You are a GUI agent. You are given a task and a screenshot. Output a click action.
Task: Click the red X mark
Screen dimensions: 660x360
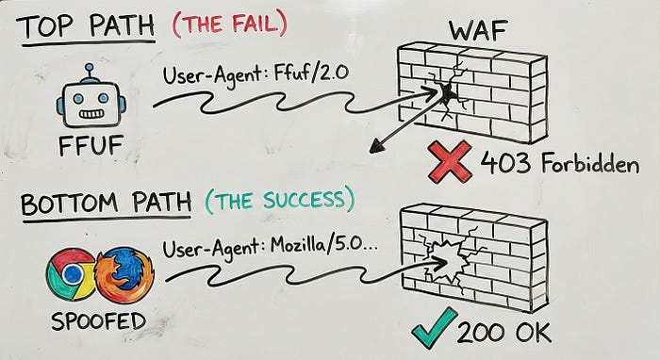450,161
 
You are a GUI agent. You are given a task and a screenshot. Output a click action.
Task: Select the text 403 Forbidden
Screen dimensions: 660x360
560,163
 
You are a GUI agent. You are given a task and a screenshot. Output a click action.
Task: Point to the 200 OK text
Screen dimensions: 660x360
503,333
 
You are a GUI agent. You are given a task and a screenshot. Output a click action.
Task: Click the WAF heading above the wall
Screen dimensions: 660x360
478,29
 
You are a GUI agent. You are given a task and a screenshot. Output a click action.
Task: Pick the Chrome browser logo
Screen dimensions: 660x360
71,274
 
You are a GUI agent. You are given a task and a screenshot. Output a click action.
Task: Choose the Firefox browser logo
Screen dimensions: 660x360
124,274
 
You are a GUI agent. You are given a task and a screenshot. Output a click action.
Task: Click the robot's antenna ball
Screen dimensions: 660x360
89,67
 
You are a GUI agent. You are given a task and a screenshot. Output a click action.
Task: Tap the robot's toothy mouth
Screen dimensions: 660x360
91,113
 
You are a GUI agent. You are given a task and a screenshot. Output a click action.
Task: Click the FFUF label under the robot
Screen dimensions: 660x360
91,145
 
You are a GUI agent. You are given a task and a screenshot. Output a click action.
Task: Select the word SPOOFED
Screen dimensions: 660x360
98,321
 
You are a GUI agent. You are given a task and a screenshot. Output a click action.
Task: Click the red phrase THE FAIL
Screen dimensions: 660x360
230,24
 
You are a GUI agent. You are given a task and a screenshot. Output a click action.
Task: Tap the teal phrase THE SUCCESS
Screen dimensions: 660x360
280,200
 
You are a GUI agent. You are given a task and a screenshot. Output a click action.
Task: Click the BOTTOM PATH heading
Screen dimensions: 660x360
106,203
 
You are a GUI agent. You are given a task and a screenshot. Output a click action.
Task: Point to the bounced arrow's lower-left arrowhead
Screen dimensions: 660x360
375,148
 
